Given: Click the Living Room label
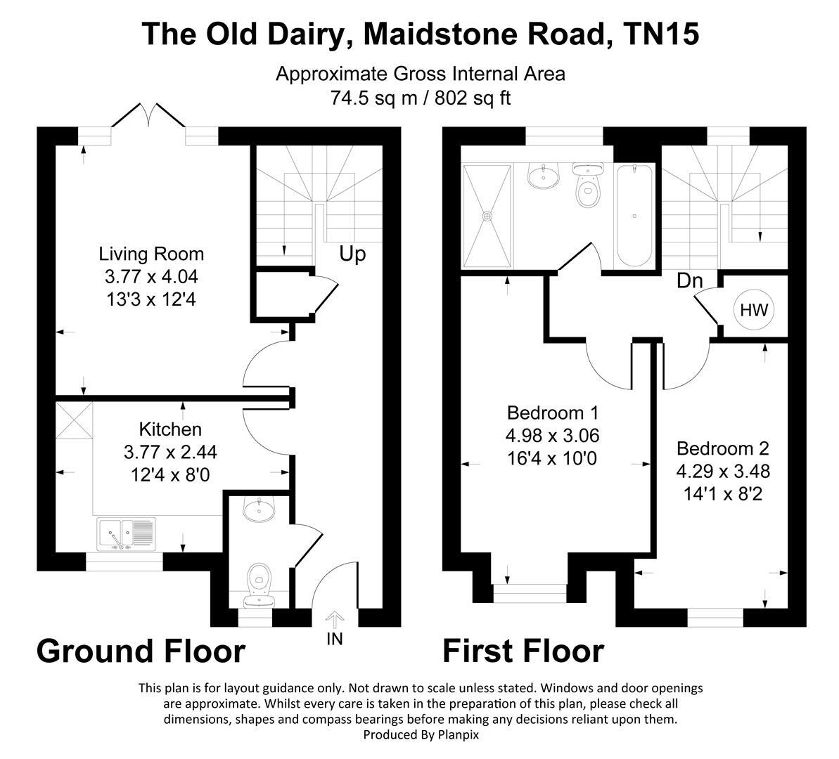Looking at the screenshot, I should (x=151, y=254).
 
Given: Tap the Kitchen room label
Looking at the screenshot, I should (x=170, y=429).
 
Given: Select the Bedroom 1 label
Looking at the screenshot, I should (x=552, y=412).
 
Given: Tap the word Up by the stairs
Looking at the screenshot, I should (x=352, y=254).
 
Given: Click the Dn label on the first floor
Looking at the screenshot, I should (x=689, y=281).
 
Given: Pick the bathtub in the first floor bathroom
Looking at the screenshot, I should (x=634, y=214).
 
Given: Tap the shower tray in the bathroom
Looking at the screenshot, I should (x=486, y=215).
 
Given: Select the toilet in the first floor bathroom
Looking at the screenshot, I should (x=586, y=186).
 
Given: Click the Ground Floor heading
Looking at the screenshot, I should (x=141, y=651).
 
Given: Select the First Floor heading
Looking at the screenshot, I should (x=523, y=651).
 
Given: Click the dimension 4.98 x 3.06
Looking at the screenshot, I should (x=552, y=435).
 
